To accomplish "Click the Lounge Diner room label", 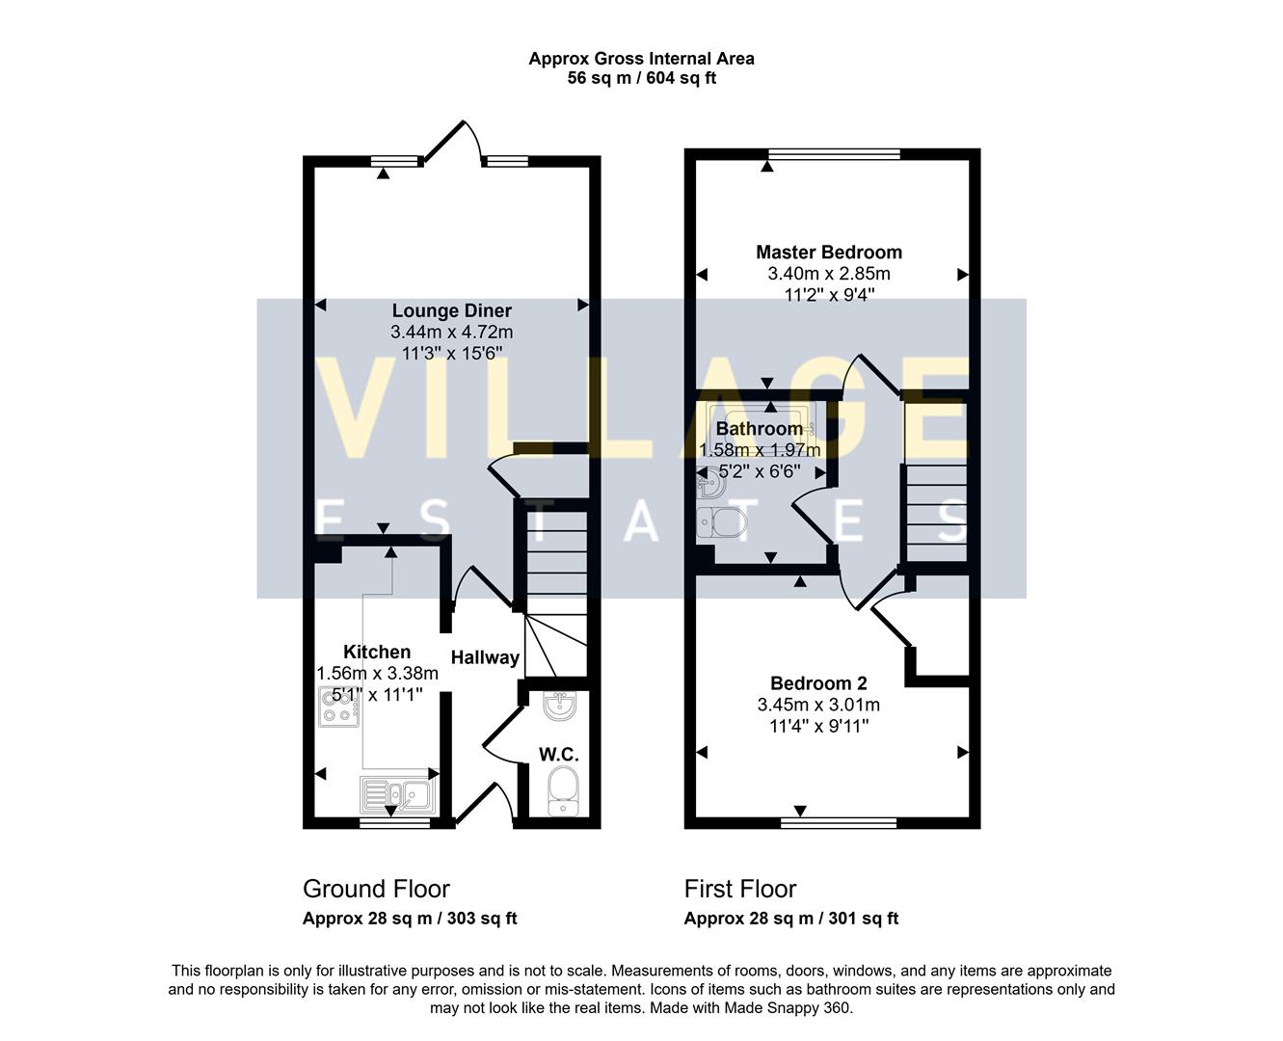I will [451, 310].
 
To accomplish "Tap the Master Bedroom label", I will [829, 253].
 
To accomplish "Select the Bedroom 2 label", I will [818, 683].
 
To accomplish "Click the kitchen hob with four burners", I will [338, 707].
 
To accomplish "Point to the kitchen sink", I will [398, 795].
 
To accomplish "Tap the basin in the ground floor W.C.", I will [560, 707].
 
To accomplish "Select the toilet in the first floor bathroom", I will [720, 523].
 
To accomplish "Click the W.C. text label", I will [559, 753].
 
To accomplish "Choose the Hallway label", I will [485, 657].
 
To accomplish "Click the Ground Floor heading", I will [376, 889].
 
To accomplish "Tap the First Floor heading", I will [740, 889].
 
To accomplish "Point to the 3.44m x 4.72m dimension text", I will [451, 332].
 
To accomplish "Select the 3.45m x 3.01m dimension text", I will [818, 705].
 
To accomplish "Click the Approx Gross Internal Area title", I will [641, 59].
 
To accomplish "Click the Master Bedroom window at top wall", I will [834, 154].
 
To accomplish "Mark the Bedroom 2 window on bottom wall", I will [838, 823].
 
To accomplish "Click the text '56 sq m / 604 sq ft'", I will [641, 79].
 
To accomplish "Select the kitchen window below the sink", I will [395, 823].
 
